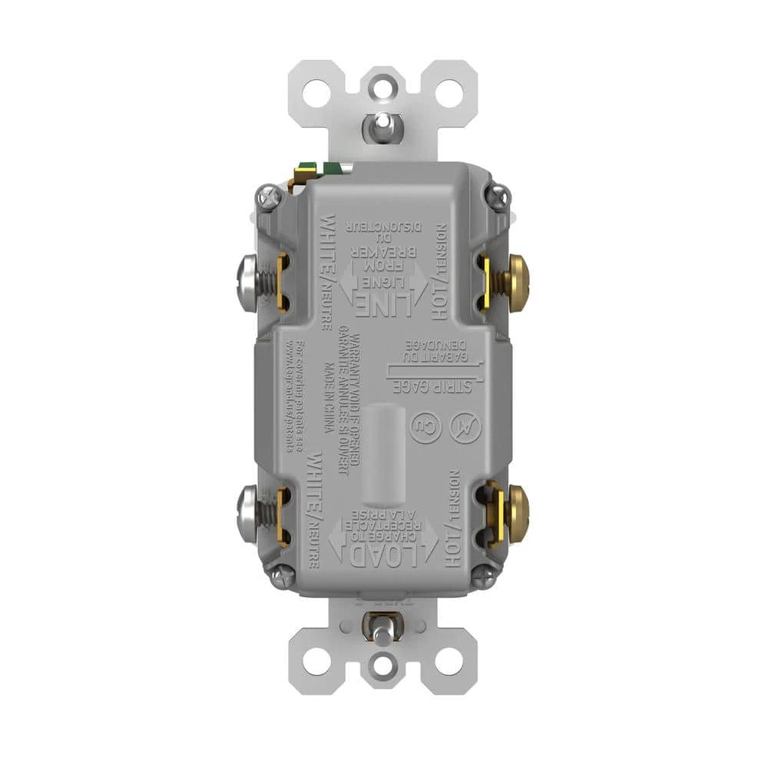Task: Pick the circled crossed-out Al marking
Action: [466, 429]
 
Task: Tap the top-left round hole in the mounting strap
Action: [315, 93]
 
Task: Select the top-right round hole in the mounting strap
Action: [452, 93]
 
